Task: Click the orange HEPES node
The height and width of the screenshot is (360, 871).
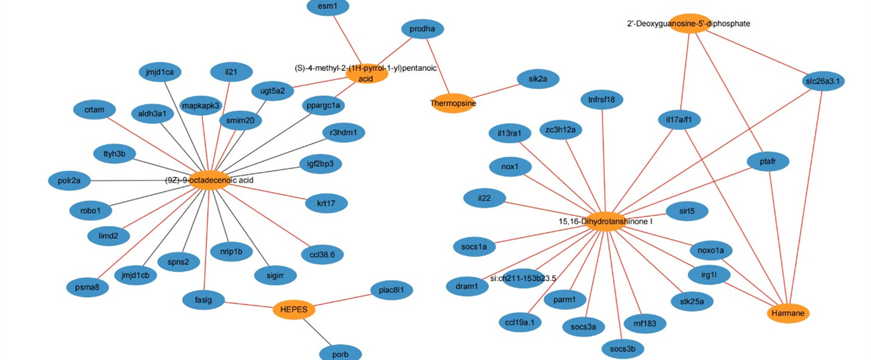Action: [294, 310]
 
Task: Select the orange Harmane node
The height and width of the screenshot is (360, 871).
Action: [788, 313]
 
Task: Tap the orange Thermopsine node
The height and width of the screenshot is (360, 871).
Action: [453, 103]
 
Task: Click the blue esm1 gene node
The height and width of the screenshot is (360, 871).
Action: [328, 6]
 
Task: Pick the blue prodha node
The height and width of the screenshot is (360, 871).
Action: [422, 29]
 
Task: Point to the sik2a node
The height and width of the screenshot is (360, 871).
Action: [538, 79]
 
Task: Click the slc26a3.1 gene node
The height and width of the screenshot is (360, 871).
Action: [822, 82]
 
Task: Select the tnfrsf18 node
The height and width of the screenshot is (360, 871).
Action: [602, 100]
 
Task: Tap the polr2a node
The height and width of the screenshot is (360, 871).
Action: [69, 180]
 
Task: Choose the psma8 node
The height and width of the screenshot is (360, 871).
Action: [87, 287]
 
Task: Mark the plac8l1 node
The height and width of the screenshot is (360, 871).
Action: [391, 290]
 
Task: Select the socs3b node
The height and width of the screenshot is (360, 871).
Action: [622, 349]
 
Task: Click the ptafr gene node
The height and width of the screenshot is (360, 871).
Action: [768, 161]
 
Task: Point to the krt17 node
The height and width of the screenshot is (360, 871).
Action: [326, 204]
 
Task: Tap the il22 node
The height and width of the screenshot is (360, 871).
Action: [484, 198]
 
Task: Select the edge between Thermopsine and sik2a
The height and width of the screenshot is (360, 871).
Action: [495, 91]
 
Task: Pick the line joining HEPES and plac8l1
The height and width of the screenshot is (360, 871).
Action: [343, 300]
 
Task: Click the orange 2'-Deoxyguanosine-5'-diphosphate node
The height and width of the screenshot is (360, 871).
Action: [689, 24]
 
